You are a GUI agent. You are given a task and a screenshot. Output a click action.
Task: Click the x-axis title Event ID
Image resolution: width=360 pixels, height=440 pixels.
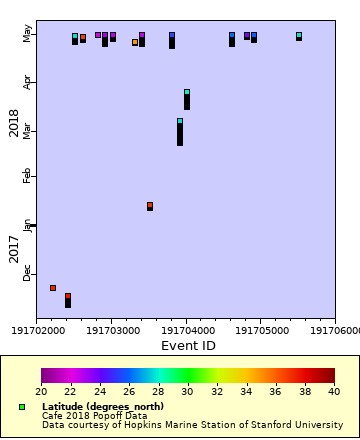(188, 346)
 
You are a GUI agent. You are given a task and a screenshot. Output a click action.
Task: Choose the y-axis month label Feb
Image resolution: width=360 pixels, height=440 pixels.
(27, 176)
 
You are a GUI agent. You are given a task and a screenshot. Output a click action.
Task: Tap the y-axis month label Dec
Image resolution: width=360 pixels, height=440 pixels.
(27, 273)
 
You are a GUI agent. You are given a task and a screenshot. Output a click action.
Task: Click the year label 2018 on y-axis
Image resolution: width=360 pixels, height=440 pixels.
(14, 122)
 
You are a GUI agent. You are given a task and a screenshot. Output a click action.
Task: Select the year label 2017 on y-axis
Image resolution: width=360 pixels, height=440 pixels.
(14, 249)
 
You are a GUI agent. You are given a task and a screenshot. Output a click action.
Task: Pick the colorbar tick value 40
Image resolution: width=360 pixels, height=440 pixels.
(334, 392)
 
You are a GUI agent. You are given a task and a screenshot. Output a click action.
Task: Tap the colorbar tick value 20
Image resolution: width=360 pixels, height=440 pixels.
(41, 392)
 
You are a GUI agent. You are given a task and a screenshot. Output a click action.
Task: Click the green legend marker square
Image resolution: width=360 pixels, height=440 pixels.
(21, 407)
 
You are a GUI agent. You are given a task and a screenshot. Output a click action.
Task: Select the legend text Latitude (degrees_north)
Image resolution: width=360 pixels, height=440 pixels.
(104, 407)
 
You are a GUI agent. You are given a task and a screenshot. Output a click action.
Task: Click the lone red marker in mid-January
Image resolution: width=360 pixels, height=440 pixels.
(150, 206)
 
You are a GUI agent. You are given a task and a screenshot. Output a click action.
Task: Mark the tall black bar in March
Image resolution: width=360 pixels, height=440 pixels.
(180, 133)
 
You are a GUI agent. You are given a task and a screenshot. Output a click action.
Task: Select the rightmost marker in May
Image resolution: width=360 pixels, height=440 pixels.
(298, 36)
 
